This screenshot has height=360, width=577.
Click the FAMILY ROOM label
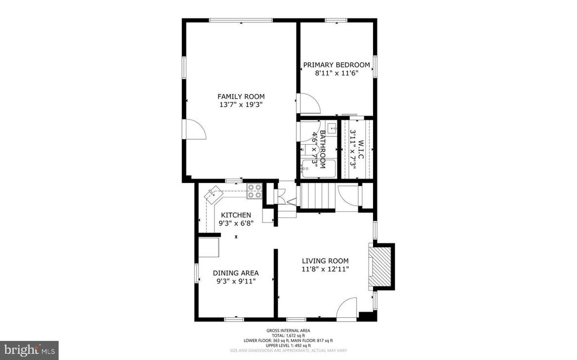coord(241,96)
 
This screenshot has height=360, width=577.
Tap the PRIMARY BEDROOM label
coord(337,65)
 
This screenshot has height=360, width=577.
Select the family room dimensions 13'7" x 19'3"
coord(241,105)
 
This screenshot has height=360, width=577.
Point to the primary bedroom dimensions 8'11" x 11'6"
coord(337,73)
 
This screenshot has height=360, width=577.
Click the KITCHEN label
coord(236,215)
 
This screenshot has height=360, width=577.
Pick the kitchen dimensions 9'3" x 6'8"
coord(236,223)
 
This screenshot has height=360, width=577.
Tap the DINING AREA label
coord(236,273)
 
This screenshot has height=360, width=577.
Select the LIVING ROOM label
coord(325,261)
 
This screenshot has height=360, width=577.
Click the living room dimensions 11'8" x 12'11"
coord(325,269)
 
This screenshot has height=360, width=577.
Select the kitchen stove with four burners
coord(254,191)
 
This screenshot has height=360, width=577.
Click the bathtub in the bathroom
coord(317,168)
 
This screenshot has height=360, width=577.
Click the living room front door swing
coord(347,308)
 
